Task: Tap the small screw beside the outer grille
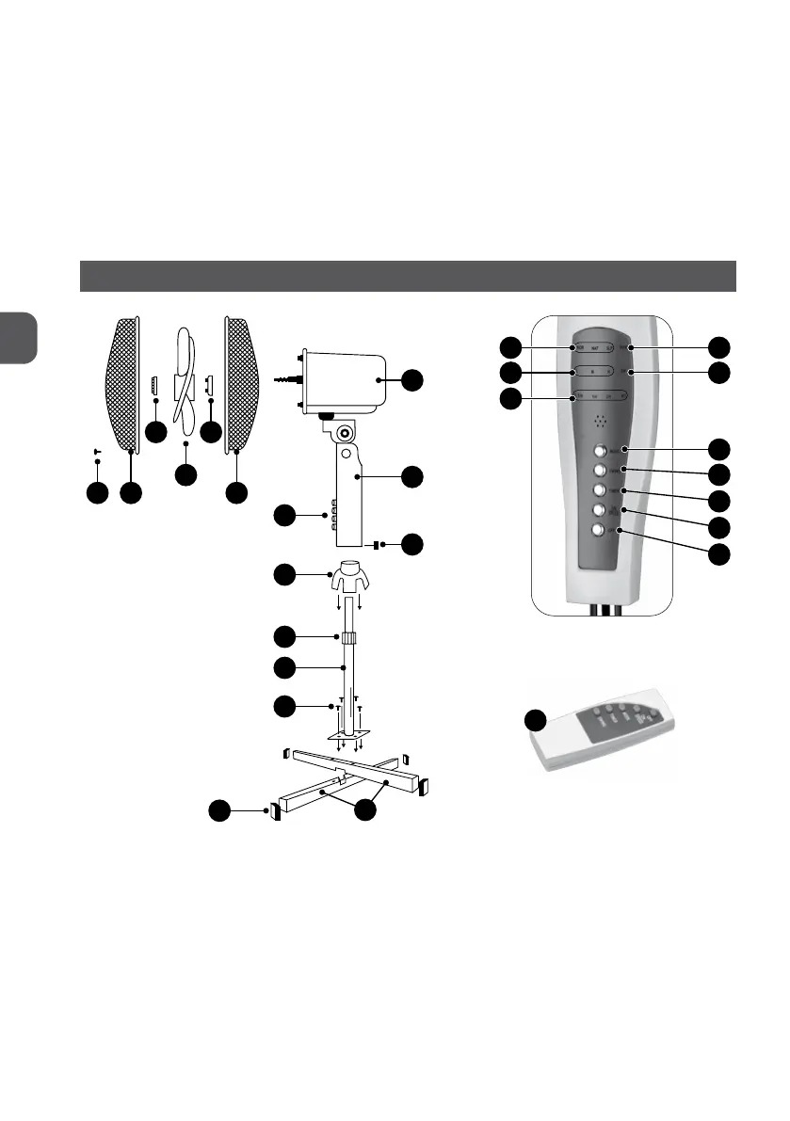97,453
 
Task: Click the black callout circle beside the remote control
536,722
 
